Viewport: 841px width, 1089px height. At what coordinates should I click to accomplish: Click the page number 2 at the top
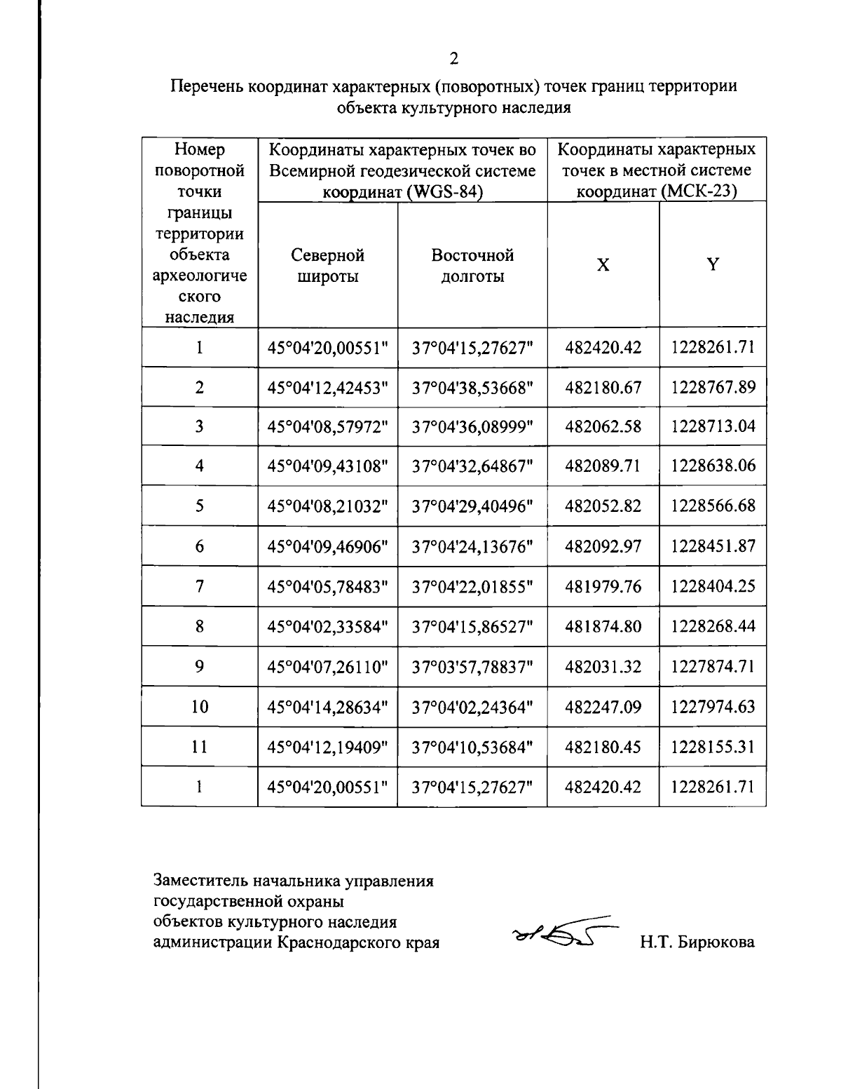point(454,59)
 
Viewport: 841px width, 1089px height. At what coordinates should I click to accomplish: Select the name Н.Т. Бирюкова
point(697,942)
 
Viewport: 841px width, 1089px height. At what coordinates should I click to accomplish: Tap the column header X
point(603,265)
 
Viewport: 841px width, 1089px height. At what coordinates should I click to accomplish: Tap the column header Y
point(712,265)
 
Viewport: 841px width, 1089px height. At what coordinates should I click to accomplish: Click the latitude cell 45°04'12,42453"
point(327,387)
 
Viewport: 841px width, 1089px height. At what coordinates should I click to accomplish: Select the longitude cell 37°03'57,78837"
point(472,666)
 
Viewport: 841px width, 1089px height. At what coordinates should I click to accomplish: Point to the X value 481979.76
point(603,586)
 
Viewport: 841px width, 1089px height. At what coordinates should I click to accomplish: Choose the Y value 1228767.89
point(713,387)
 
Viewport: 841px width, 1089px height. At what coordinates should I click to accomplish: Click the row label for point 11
point(200,747)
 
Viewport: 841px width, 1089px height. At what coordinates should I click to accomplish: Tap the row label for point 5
point(200,506)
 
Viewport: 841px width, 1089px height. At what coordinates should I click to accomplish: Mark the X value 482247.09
point(603,706)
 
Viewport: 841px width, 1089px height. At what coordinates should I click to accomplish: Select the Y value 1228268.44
point(713,626)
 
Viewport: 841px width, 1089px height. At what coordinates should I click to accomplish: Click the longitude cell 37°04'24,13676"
point(472,546)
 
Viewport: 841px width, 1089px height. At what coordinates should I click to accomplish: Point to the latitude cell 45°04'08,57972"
point(327,426)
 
